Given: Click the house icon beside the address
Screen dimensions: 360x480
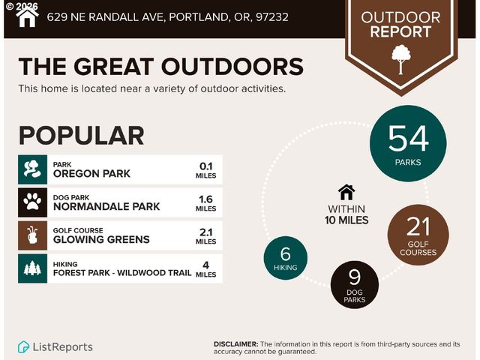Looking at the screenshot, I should [x=27, y=16].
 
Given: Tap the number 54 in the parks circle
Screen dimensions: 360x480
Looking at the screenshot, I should [x=409, y=139].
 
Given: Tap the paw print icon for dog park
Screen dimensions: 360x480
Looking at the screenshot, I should [x=32, y=201].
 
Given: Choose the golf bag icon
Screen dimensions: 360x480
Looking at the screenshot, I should [x=32, y=235].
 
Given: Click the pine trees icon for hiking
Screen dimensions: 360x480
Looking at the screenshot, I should [x=32, y=268].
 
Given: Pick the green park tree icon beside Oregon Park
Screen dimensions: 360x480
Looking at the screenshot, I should [x=32, y=168].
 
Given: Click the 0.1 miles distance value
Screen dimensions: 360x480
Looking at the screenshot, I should [x=206, y=169].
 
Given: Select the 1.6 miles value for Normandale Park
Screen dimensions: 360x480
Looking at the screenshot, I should [x=206, y=202].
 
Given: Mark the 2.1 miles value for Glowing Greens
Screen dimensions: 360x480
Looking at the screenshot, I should [x=206, y=235].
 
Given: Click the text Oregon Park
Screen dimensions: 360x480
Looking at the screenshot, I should [x=91, y=173].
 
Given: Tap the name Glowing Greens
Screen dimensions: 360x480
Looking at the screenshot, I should [x=101, y=240].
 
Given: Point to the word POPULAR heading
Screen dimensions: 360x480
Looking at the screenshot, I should [x=81, y=136].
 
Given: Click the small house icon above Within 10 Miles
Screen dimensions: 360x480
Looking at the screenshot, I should [x=346, y=191].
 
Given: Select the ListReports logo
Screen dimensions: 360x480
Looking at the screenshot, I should [x=55, y=346].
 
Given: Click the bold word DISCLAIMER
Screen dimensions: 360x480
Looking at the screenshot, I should [x=236, y=343].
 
